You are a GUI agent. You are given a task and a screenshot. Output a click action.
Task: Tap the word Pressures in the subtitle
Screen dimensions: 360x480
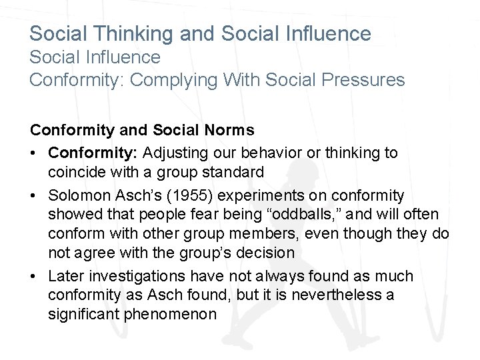click(369, 80)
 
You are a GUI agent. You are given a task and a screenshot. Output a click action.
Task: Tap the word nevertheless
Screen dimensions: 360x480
click(331, 294)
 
